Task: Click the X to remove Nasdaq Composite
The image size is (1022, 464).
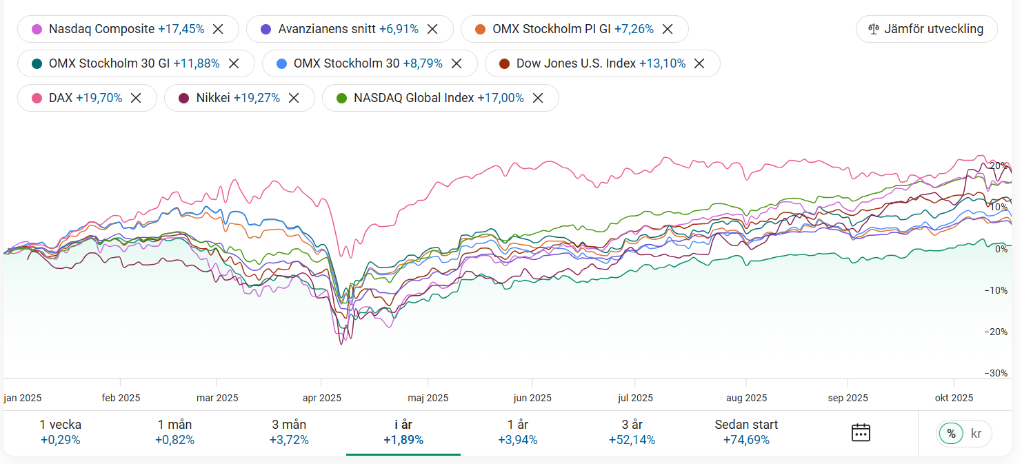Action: tap(218, 29)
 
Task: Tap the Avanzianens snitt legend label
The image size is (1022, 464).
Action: tap(327, 29)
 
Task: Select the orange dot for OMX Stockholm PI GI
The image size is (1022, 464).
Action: tap(481, 29)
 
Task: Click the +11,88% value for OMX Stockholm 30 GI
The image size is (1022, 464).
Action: tap(196, 63)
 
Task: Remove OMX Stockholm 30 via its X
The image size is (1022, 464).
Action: tap(456, 63)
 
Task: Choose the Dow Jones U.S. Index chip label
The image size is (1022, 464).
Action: tap(576, 63)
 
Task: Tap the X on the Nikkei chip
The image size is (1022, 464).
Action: tap(294, 98)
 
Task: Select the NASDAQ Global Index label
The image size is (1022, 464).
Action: tap(414, 98)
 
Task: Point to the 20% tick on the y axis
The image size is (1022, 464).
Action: tap(998, 166)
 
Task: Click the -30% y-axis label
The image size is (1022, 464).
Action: tap(996, 373)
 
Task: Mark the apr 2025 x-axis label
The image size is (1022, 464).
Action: tap(321, 398)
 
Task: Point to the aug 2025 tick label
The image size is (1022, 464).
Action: tap(746, 398)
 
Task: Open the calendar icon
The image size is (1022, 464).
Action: tap(861, 433)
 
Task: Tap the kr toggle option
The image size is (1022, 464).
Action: tap(976, 434)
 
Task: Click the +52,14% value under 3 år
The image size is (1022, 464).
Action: tap(632, 440)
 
